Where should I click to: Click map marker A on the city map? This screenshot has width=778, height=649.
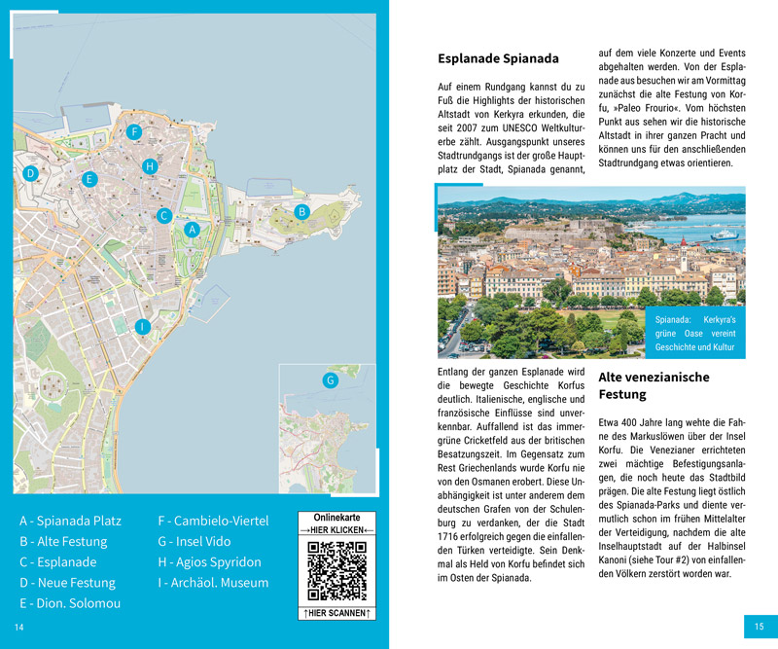[x=192, y=230]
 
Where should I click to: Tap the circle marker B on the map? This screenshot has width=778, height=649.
[x=301, y=211]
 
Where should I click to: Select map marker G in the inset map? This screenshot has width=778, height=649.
[x=331, y=380]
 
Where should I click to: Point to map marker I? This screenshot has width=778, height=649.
[x=143, y=327]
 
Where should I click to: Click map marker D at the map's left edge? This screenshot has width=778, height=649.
[x=31, y=174]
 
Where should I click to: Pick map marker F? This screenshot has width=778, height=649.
[x=134, y=131]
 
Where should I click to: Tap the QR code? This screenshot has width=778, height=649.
[x=336, y=570]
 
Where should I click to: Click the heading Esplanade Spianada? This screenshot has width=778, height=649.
[x=498, y=58]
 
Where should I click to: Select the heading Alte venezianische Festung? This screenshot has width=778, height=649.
[x=654, y=385]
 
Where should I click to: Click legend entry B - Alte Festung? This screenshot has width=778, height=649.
[x=63, y=541]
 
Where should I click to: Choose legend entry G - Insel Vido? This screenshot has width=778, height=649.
[x=194, y=541]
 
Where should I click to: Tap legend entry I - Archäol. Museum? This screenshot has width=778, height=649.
[x=213, y=583]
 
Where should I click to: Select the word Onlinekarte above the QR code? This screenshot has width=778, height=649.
[x=336, y=518]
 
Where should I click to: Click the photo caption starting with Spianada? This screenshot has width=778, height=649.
[x=694, y=333]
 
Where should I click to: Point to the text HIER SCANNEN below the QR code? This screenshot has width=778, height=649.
[x=336, y=613]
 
